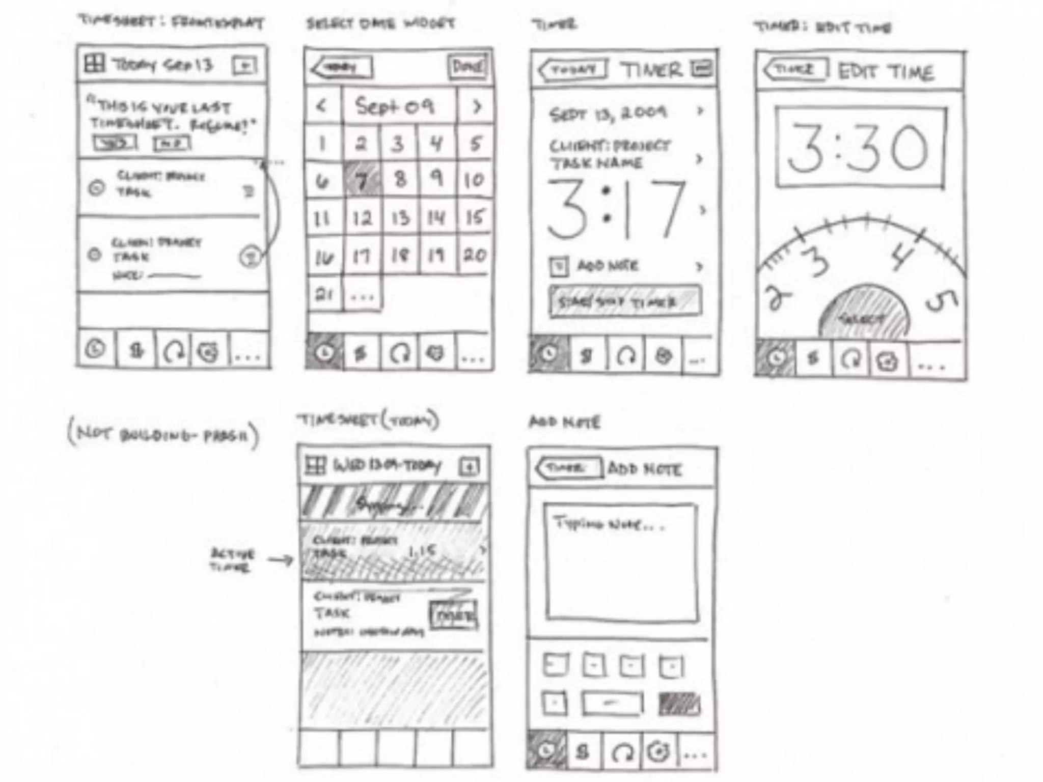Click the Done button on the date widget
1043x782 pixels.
[467, 67]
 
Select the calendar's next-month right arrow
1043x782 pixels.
[477, 106]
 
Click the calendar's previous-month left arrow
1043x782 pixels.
[321, 106]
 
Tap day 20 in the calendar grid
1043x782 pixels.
[474, 255]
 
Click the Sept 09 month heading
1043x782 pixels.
[395, 106]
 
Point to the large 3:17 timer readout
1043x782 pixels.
[617, 210]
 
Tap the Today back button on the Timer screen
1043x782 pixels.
[573, 70]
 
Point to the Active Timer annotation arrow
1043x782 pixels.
[281, 561]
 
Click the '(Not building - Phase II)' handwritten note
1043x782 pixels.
[163, 436]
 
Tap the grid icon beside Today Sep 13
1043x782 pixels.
[95, 64]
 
